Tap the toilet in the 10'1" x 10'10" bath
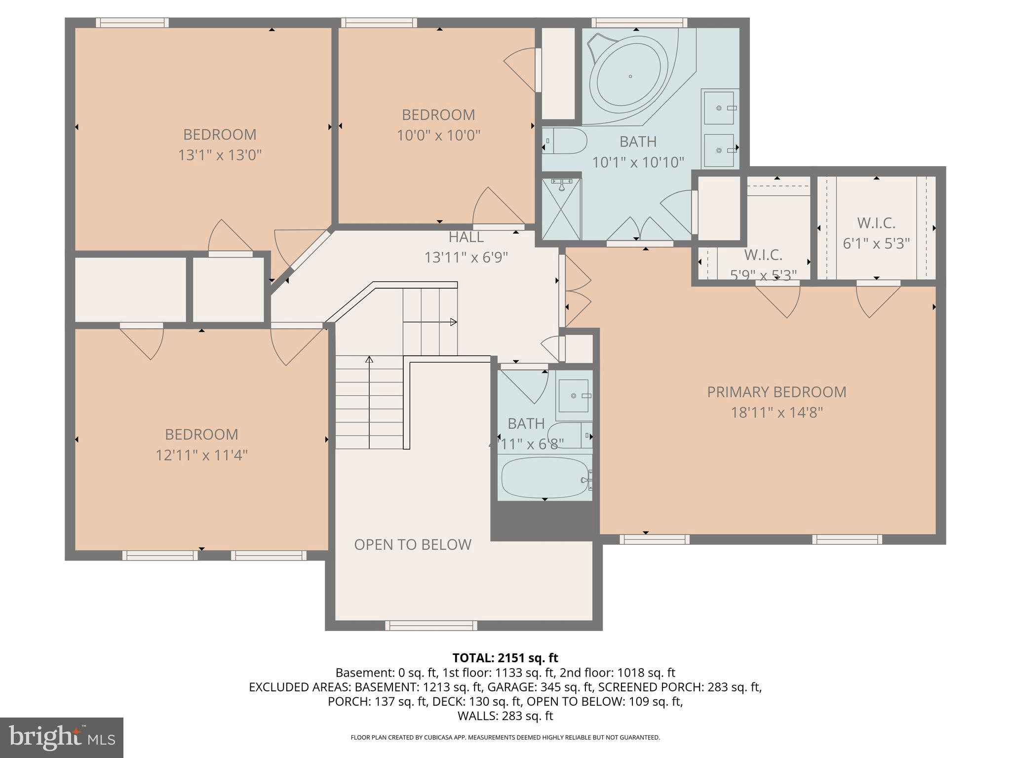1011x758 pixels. point(565,141)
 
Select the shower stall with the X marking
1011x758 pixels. point(562,209)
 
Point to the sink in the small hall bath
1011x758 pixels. point(573,396)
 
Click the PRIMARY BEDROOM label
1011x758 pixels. point(777,392)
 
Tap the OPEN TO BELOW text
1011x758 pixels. point(413,544)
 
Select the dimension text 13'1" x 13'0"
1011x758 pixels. point(220,155)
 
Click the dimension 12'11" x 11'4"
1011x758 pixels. point(201,455)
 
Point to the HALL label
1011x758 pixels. point(466,237)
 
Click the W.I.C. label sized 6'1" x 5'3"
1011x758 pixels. point(876,223)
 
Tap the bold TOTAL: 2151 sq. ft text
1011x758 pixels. point(505,658)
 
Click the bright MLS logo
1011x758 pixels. point(61,737)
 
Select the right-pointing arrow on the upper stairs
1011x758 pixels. point(452,322)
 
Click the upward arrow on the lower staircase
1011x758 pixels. point(369,360)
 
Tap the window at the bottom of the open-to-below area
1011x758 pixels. point(431,626)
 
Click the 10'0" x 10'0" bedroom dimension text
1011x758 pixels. point(438,135)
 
